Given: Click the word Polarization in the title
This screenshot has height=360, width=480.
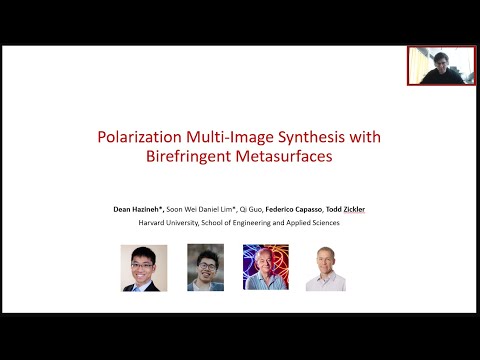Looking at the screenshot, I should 166,136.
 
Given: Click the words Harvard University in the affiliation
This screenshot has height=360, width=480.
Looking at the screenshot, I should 168,223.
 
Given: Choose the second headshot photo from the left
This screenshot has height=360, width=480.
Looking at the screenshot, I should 205,268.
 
